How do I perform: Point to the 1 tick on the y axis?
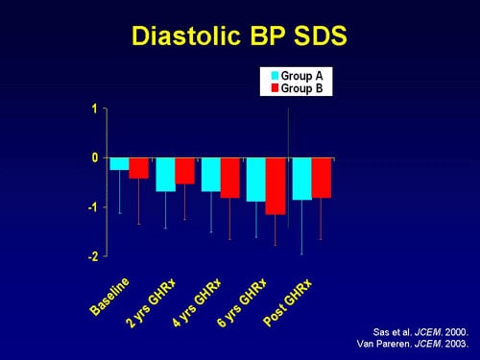(94, 108)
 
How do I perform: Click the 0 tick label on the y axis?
(94, 157)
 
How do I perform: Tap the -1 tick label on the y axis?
(92, 207)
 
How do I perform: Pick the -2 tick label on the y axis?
(92, 257)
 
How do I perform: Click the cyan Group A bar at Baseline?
(119, 164)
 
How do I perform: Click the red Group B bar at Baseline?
(139, 168)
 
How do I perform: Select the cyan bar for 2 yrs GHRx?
(165, 175)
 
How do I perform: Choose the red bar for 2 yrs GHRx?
(184, 171)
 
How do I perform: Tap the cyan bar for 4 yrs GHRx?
(210, 175)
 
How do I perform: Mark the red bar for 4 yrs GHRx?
(230, 178)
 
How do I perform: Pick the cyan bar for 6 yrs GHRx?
(256, 180)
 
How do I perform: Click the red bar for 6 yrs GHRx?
(276, 186)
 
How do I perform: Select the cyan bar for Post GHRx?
(301, 179)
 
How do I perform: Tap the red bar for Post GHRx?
(322, 178)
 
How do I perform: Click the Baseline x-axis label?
(109, 297)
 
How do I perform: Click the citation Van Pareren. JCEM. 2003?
(413, 343)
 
